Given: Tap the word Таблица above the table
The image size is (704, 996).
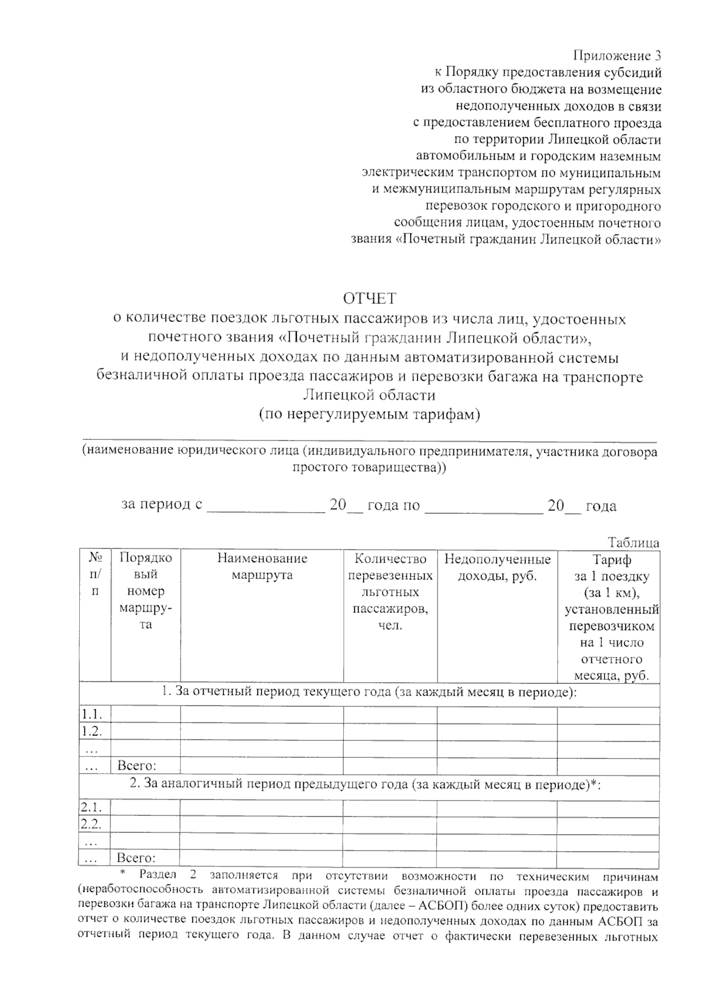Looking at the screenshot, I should pyautogui.click(x=634, y=543).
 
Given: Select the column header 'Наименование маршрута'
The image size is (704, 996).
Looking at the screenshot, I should pyautogui.click(x=262, y=567).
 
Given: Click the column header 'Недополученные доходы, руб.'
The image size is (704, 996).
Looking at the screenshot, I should pyautogui.click(x=497, y=567).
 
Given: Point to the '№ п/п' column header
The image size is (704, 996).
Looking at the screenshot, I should pyautogui.click(x=95, y=575).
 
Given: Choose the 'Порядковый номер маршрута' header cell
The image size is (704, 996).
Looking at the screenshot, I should pyautogui.click(x=145, y=591).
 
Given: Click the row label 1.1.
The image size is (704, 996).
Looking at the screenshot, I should pyautogui.click(x=92, y=714).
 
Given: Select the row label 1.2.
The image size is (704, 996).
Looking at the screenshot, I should pyautogui.click(x=92, y=731).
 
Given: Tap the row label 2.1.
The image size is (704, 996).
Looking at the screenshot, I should pyautogui.click(x=92, y=807).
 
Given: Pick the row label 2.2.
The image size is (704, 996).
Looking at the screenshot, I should pyautogui.click(x=92, y=824).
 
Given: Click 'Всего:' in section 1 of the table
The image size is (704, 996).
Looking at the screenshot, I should pyautogui.click(x=137, y=765).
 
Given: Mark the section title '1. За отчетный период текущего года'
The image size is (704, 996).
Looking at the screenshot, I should pyautogui.click(x=369, y=692).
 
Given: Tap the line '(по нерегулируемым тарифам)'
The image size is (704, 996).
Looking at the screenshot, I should pyautogui.click(x=370, y=415).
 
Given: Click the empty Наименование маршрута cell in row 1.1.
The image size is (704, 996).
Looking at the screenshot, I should pyautogui.click(x=262, y=715).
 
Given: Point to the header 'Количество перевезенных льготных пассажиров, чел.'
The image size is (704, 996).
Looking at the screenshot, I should pyautogui.click(x=390, y=591).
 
